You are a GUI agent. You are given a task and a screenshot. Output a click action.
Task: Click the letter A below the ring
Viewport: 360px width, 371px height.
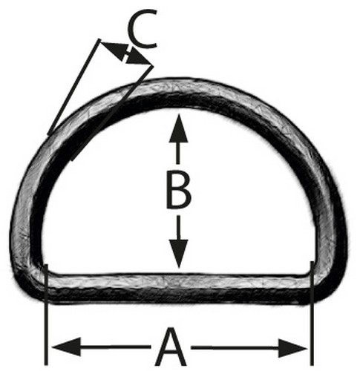(x=171, y=347)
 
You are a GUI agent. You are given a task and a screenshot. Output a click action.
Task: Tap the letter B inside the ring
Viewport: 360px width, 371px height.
(x=179, y=189)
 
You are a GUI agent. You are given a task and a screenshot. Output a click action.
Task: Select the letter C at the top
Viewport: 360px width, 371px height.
(x=143, y=29)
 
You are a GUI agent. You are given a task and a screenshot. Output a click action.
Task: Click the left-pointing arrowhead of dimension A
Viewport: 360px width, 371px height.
(x=66, y=347)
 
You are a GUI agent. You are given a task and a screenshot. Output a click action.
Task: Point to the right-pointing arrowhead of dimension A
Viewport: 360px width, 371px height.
(x=292, y=348)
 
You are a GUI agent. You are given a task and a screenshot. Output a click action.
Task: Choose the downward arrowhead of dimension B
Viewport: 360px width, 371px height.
(x=179, y=255)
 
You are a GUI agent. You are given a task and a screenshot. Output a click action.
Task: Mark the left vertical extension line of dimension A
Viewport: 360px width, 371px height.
(x=46, y=315)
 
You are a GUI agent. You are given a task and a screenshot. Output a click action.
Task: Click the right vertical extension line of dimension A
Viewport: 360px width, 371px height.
(x=312, y=313)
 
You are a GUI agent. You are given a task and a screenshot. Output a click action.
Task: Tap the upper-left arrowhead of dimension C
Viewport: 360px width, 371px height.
(x=113, y=50)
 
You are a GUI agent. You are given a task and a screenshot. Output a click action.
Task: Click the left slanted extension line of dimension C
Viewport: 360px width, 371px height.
(x=73, y=87)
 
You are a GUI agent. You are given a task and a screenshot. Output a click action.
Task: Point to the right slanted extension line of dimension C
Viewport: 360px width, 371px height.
(x=112, y=114)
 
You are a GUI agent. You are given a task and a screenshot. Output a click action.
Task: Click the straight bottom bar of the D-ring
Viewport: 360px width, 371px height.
(x=179, y=288)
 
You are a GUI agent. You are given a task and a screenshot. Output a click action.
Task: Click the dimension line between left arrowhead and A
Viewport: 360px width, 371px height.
(x=116, y=347)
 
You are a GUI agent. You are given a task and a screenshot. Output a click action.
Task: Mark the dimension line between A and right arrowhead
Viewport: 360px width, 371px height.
(x=235, y=348)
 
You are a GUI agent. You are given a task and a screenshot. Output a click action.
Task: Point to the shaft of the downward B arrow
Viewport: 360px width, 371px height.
(x=179, y=228)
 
